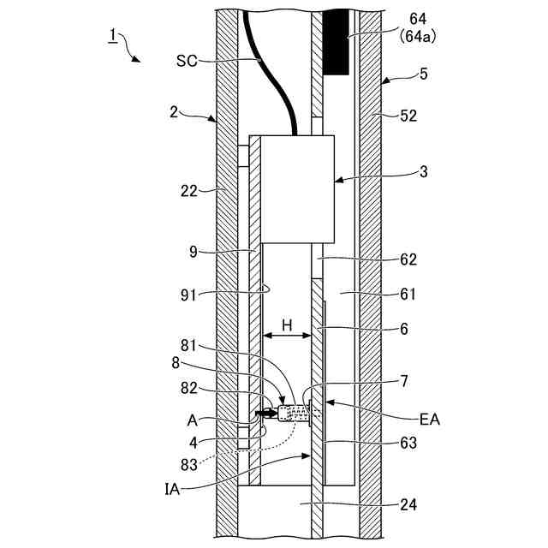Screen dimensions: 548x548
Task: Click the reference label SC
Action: [x=186, y=61]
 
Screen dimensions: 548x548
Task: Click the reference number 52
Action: [x=408, y=115]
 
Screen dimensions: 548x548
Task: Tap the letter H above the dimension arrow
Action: [x=288, y=325]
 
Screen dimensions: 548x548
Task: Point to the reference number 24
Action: [x=408, y=505]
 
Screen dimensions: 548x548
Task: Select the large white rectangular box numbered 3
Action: [x=296, y=187]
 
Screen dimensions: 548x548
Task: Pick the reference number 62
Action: [x=408, y=258]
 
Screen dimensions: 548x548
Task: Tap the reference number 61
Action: [x=408, y=294]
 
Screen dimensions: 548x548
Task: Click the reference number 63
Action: [x=408, y=443]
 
